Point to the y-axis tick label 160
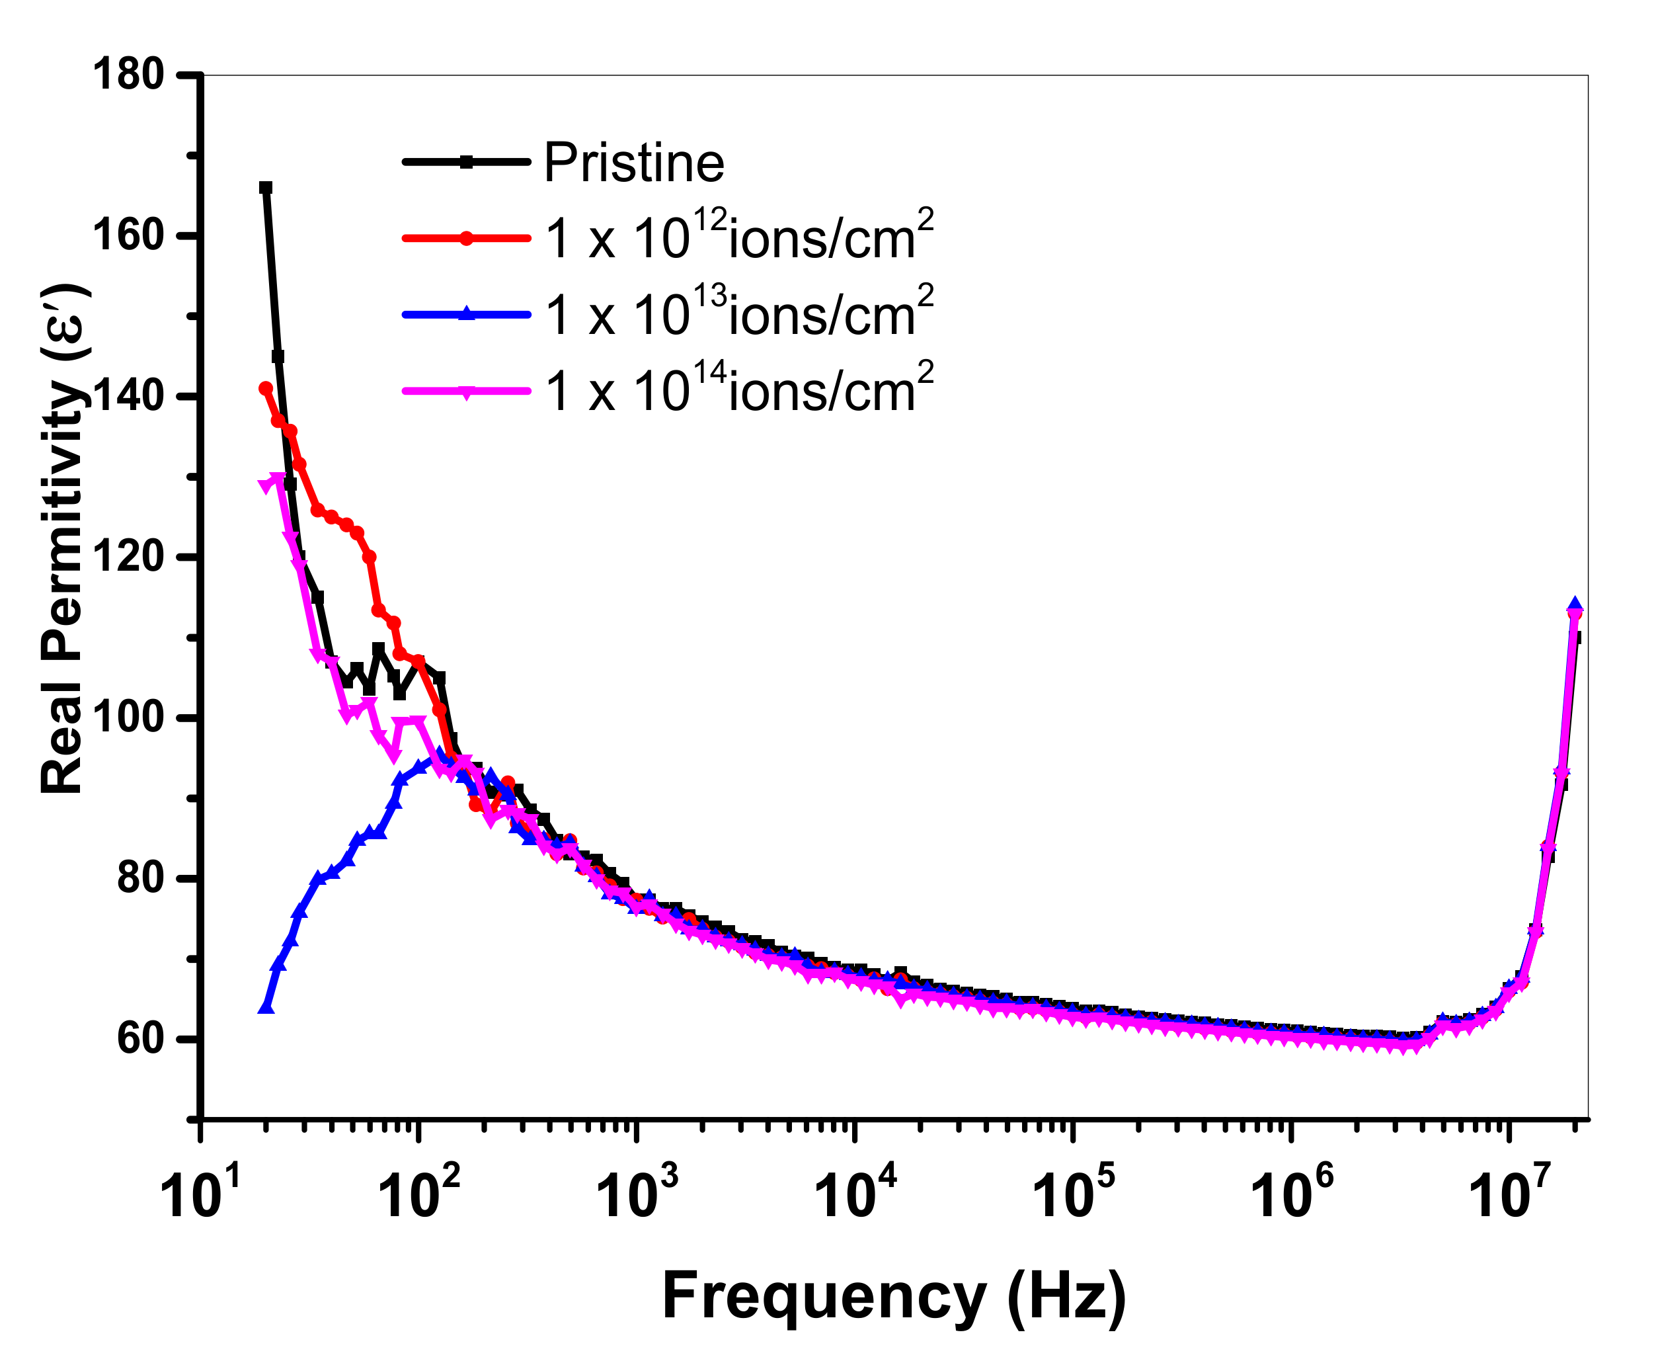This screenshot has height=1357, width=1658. click(128, 235)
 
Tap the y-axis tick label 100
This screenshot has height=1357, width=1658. click(128, 718)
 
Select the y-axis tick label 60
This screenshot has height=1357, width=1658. click(141, 1039)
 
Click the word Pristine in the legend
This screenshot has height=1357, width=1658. click(634, 163)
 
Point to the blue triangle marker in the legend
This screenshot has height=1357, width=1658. click(467, 314)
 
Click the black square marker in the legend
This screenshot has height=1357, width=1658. click(467, 163)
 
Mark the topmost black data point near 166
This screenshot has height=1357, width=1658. click(266, 188)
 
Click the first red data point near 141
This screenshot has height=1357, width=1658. click(266, 388)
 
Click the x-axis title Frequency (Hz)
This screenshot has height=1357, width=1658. click(894, 1295)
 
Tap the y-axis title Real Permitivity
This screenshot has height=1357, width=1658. click(63, 540)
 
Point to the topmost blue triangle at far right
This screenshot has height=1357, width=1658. click(1575, 604)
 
